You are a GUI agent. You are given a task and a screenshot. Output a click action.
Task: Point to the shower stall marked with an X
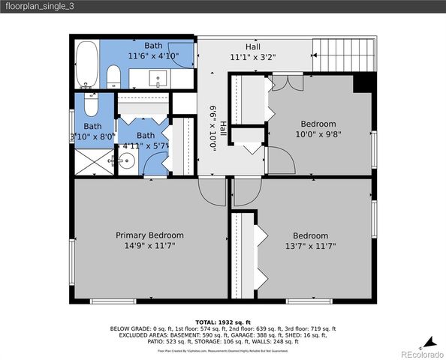pyautogui.click(x=92, y=160)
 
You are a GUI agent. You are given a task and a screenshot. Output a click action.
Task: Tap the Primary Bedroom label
pyautogui.click(x=149, y=235)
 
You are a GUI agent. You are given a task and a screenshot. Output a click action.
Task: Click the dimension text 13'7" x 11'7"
pyautogui.click(x=310, y=245)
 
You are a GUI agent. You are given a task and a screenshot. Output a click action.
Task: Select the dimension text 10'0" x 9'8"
pyautogui.click(x=318, y=134)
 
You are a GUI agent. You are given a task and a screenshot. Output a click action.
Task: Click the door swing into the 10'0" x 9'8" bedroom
pyautogui.click(x=279, y=160)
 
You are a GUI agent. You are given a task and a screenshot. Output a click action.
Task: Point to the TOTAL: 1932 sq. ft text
pyautogui.click(x=222, y=320)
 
